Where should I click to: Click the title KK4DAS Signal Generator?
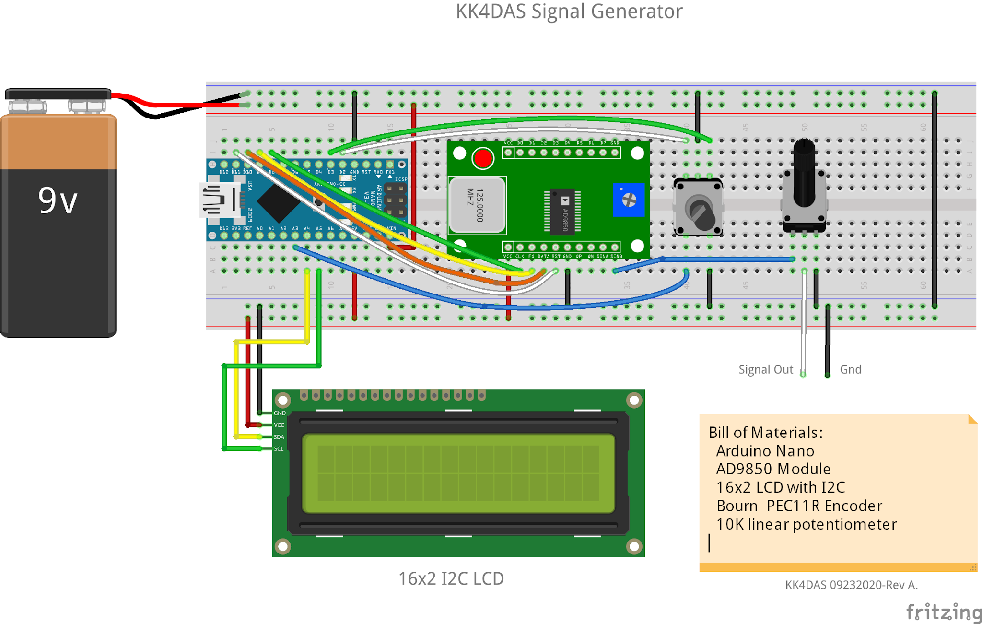coord(569,12)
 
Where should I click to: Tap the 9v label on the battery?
coord(58,200)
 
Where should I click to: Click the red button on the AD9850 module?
coord(482,158)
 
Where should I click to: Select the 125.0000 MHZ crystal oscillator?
coord(477,205)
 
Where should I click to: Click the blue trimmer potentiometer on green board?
coord(628,200)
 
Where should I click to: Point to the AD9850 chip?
coord(564,212)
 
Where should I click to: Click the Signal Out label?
coord(765,370)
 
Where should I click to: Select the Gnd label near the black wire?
coord(850,370)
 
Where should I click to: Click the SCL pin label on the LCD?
coord(279,449)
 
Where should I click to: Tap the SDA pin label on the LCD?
coord(279,437)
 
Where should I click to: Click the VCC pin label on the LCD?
coord(279,425)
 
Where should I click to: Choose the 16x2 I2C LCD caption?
coord(451,579)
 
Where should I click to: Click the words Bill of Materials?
coord(765,433)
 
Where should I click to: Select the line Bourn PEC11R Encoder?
coord(799,506)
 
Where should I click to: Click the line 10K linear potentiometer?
coord(806,524)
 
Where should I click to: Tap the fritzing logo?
coord(943,612)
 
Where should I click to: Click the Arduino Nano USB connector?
coord(220,200)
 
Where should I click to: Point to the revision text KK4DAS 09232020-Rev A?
coord(851,585)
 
